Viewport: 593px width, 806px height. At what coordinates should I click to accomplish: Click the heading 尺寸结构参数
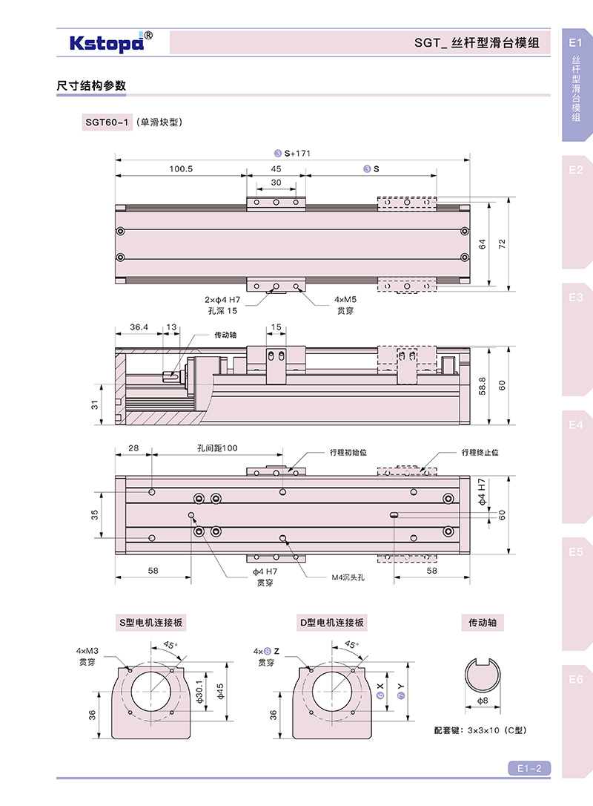(x=91, y=86)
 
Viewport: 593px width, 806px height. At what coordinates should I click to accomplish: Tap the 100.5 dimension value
(x=180, y=169)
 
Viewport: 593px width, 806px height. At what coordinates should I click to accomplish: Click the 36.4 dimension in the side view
(x=139, y=327)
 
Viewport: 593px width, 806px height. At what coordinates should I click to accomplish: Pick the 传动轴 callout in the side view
(x=225, y=335)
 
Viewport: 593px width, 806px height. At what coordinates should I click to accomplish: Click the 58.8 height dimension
(x=483, y=384)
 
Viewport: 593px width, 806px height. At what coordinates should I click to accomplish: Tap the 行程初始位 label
(x=348, y=451)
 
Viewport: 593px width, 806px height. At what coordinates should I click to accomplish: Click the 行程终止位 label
(x=480, y=451)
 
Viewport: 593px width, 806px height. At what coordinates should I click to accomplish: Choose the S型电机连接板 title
(x=151, y=623)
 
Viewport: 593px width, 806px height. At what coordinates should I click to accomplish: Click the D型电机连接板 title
(x=333, y=623)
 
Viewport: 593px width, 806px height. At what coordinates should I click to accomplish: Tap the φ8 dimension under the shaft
(x=482, y=699)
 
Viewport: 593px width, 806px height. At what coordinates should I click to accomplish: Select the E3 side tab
(x=576, y=298)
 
